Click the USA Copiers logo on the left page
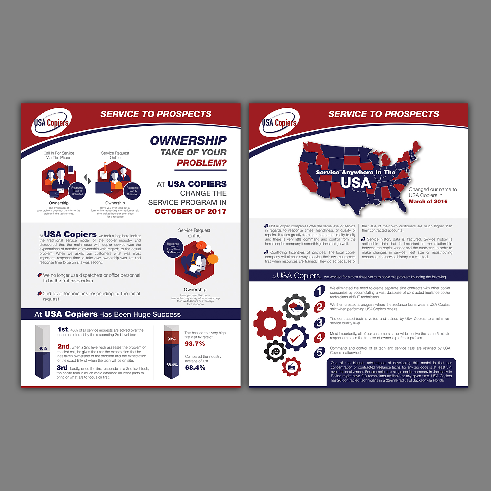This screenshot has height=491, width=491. coord(51,123)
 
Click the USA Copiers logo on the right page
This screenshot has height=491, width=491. coord(279,123)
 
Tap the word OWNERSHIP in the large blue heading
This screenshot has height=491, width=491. coord(188,141)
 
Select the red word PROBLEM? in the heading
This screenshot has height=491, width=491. coord(202,163)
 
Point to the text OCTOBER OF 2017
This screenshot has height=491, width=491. coord(191,211)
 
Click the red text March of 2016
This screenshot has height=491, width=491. coord(428,202)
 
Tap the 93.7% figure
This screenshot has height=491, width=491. coord(195,344)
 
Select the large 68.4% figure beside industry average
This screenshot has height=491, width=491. coord(195,368)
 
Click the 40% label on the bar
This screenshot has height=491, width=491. coord(43,348)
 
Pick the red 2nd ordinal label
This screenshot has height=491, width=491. coord(64,346)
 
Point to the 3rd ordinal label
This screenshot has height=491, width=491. coord(62,368)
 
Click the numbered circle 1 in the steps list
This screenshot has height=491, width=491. coord(319,291)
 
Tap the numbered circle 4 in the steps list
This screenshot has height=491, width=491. coord(319,337)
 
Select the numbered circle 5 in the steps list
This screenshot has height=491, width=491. coord(319,352)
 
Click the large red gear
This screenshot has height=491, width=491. coord(270,324)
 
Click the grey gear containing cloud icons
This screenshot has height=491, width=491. coord(296,307)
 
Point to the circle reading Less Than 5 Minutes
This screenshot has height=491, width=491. coord(173,248)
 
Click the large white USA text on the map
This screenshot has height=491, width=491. coord(356,183)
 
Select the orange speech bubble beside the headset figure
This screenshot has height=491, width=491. coord(213,259)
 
